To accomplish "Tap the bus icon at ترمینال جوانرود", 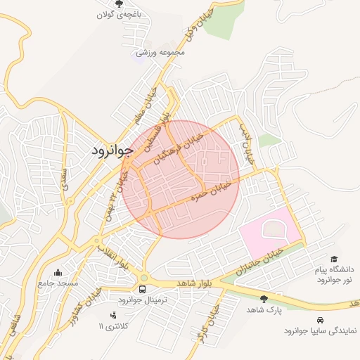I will (x=143, y=290).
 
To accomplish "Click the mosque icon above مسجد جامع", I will (x=58, y=272).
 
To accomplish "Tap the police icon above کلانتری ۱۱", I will (x=113, y=315).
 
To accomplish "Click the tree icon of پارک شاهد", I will (x=264, y=299).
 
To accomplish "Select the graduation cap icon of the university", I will (x=334, y=259).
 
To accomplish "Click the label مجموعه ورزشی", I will (x=161, y=52).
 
